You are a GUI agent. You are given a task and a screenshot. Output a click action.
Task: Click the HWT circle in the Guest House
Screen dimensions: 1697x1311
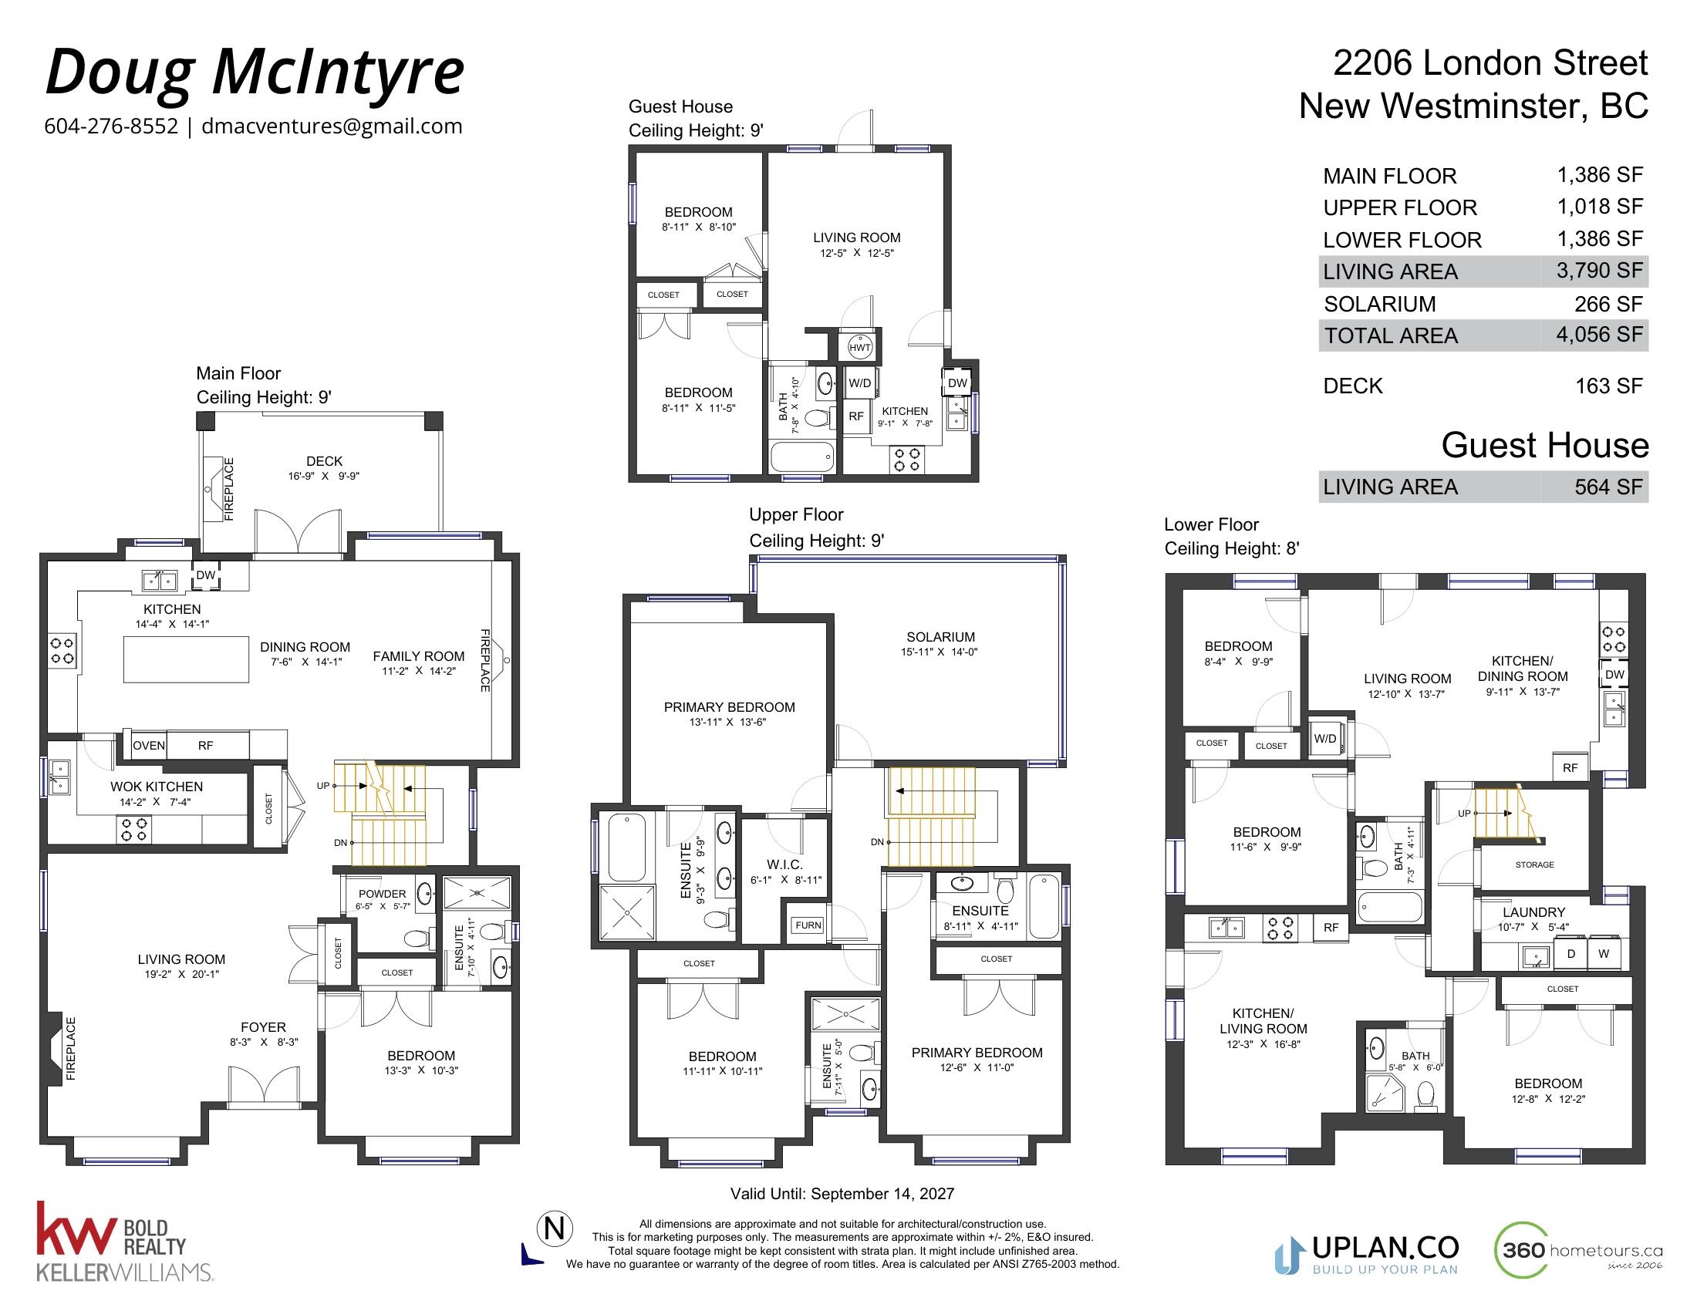859,346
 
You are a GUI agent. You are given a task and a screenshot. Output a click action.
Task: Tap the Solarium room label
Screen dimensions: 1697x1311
940,637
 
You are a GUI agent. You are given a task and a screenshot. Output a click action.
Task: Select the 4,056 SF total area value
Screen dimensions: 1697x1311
1599,335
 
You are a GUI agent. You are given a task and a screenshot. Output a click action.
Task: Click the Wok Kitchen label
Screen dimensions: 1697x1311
156,787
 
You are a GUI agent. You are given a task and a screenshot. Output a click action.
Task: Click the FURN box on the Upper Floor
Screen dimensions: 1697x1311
808,925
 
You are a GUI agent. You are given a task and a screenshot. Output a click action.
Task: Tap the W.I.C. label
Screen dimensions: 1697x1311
784,864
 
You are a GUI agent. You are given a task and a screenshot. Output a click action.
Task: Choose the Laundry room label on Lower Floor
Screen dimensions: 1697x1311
1533,912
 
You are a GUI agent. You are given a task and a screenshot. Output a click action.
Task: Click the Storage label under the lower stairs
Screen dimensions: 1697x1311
1534,864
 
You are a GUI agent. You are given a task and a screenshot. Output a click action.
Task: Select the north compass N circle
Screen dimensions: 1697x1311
555,1228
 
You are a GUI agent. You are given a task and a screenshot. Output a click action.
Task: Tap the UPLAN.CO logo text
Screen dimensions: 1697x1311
1385,1248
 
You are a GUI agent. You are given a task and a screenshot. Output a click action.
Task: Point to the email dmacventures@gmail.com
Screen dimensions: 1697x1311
332,126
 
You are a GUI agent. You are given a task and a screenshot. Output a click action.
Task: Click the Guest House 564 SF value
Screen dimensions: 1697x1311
1608,487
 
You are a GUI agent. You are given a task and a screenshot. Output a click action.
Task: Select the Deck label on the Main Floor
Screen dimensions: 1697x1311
324,461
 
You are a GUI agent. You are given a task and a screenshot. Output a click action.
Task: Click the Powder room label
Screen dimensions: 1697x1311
383,894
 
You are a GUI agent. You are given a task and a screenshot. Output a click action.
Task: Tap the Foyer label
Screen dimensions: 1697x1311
263,1026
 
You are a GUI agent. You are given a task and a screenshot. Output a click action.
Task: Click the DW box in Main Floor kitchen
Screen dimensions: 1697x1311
206,575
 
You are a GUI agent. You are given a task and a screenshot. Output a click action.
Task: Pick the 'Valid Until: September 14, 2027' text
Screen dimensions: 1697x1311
842,1194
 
